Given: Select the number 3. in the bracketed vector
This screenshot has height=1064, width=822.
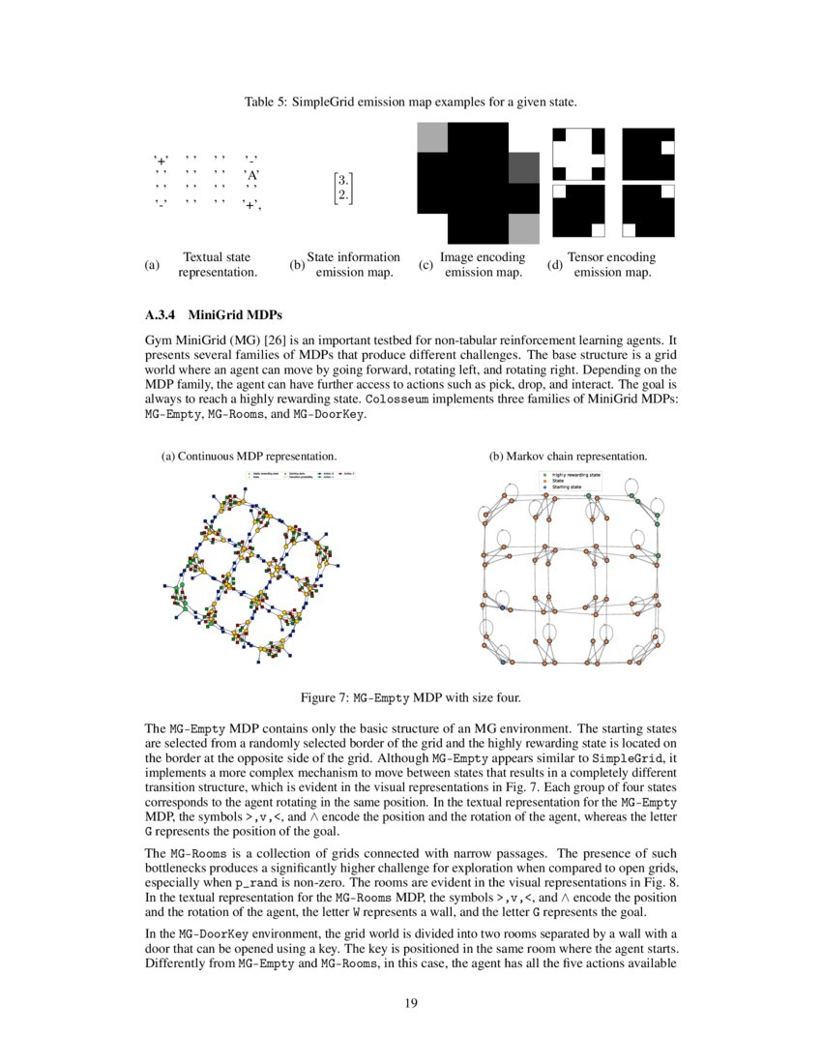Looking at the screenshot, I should click(342, 180).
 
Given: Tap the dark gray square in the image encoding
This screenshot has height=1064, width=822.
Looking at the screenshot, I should click(522, 168).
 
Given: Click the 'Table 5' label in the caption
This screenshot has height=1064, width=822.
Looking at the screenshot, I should click(267, 102).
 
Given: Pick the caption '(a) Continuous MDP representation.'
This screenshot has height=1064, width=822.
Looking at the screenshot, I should click(249, 456).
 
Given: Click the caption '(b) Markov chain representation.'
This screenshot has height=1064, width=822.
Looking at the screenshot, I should click(568, 456).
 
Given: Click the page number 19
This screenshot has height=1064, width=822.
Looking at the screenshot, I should click(411, 1003).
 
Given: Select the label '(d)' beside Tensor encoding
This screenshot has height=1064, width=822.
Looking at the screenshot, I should click(554, 265).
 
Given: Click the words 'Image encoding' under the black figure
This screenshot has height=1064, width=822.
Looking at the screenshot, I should click(482, 257).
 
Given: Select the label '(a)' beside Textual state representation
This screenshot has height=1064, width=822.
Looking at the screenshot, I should click(150, 265).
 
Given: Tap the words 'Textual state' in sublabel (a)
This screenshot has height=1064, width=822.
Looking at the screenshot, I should click(217, 257).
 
